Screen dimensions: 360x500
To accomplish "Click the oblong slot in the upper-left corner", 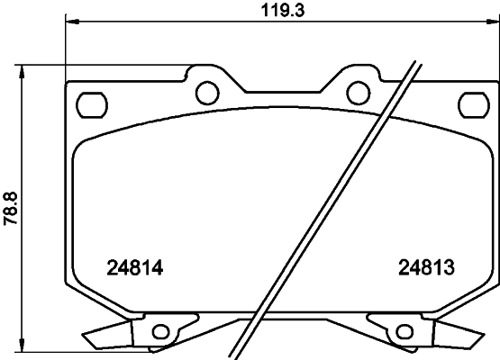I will point(91,104).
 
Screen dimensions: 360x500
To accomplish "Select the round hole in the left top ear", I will point(206,91).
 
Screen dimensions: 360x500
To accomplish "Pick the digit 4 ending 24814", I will point(164,267).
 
